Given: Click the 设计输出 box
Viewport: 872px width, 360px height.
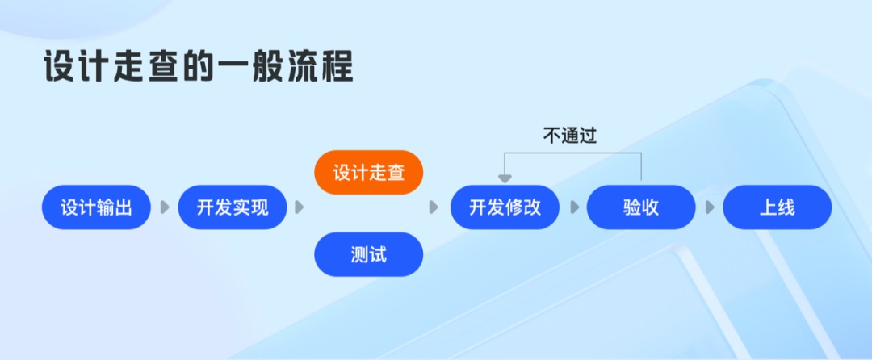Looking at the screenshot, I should [96, 207].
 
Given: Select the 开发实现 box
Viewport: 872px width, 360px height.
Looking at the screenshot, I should [233, 207].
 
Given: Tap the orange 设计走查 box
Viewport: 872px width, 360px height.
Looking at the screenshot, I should [368, 173].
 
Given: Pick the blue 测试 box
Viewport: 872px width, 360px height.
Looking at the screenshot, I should [368, 254].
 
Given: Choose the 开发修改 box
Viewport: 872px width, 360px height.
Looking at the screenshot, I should [505, 207].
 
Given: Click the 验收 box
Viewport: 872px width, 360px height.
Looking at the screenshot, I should [641, 207].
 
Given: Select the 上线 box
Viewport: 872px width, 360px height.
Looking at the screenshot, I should [777, 207].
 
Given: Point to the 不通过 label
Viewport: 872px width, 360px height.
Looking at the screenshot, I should [570, 136].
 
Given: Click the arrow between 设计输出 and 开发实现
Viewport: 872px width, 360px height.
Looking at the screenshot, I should [165, 207].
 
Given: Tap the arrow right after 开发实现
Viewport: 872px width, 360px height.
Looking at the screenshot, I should [300, 207].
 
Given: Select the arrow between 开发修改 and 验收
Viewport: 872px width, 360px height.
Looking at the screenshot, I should [574, 207].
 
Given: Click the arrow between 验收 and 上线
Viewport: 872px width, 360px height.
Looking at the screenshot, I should [710, 207].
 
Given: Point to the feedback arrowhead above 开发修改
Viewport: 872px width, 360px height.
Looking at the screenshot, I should [505, 178].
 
